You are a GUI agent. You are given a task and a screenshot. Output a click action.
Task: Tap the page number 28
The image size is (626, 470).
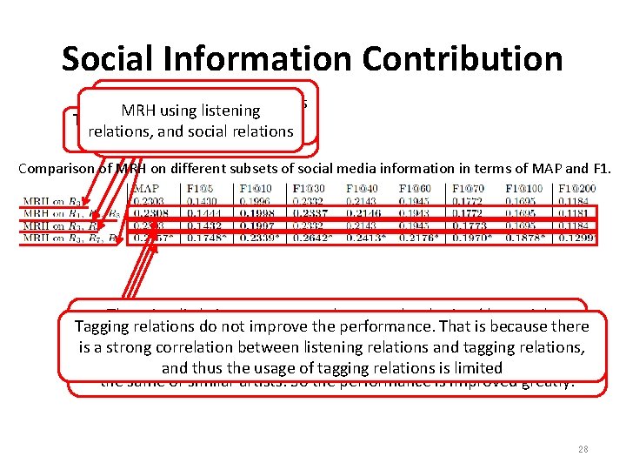click(x=583, y=449)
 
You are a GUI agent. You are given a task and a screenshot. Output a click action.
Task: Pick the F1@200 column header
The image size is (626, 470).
click(x=576, y=189)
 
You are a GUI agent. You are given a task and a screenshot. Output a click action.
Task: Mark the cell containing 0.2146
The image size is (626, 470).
click(x=363, y=213)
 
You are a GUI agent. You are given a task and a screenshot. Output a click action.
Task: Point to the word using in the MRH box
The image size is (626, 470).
click(x=173, y=111)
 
